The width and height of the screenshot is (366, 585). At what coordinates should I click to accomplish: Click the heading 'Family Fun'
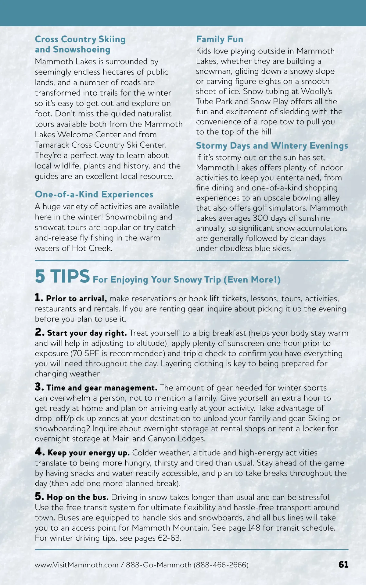click(x=220, y=39)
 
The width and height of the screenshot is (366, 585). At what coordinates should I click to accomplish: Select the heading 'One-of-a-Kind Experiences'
click(x=94, y=194)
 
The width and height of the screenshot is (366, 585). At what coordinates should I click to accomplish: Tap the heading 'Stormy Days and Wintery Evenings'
click(x=272, y=146)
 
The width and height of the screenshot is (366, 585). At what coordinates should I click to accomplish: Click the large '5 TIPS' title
click(x=62, y=276)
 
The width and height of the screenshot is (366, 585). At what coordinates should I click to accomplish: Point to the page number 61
click(x=343, y=565)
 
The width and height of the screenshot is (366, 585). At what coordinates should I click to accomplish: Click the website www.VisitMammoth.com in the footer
click(x=76, y=565)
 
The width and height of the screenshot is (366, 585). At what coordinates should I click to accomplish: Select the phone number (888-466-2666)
click(x=221, y=565)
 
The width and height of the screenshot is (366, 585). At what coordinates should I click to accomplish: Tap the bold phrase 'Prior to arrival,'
click(x=76, y=299)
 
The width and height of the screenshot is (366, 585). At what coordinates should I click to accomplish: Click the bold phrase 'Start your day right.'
click(x=87, y=333)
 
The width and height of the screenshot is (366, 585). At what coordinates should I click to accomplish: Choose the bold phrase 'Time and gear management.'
click(x=102, y=388)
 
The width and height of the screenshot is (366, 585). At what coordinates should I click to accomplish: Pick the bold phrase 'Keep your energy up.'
click(x=88, y=453)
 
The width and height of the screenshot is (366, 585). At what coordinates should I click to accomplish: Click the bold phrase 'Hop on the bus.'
click(x=78, y=497)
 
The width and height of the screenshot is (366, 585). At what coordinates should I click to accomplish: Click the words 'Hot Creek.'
click(x=92, y=248)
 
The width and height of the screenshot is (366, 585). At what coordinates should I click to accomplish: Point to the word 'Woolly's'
click(x=317, y=91)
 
